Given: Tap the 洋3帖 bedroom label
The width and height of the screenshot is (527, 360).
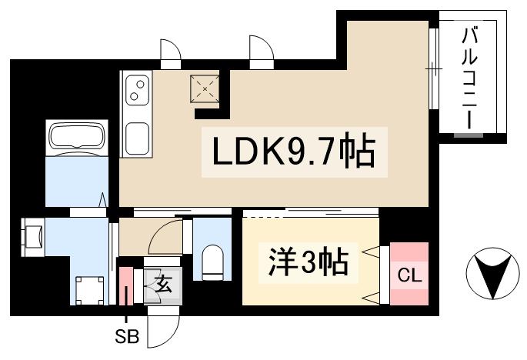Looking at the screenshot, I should tap(309, 263).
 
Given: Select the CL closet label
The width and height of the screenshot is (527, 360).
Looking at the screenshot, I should tap(408, 275).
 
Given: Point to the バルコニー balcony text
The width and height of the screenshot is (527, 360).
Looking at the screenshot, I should tap(470, 77).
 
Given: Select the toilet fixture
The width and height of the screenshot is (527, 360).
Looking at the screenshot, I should tap(212, 262).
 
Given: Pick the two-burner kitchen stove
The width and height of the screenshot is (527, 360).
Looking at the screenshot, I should tap(137, 89).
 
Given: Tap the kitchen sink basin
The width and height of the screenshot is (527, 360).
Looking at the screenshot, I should tap(137, 138).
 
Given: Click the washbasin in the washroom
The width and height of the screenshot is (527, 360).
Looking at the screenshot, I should tap(33, 235).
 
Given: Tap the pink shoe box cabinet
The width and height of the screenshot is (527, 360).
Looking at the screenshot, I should tap(126, 287).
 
